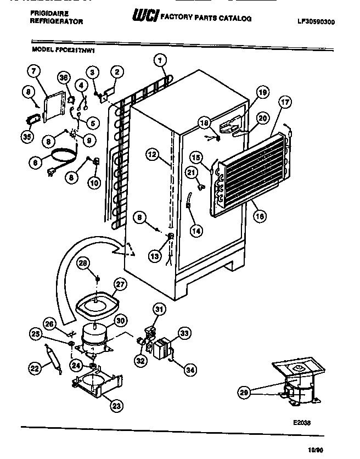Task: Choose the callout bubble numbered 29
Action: pyautogui.click(x=244, y=392)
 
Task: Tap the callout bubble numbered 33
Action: pyautogui.click(x=184, y=332)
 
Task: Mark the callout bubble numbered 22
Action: pyautogui.click(x=35, y=370)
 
